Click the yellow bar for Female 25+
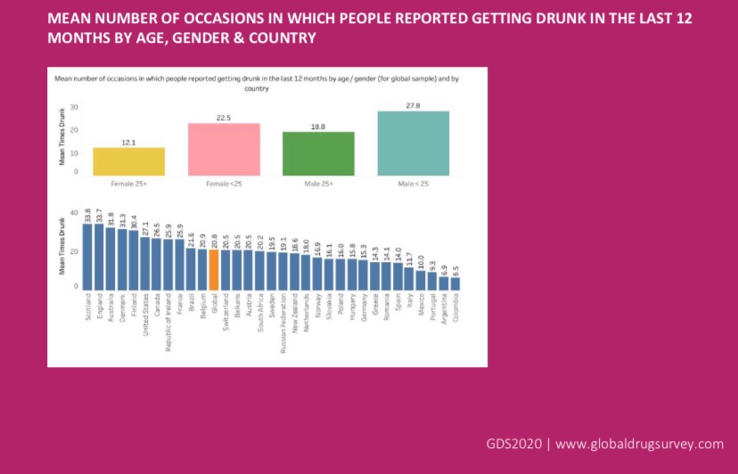(x=129, y=161)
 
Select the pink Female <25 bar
(x=224, y=149)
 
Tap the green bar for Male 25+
(x=318, y=153)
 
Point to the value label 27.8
(x=413, y=105)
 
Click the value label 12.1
(x=129, y=142)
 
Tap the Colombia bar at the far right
(x=455, y=282)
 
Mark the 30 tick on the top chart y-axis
(x=75, y=107)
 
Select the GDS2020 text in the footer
(x=515, y=444)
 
